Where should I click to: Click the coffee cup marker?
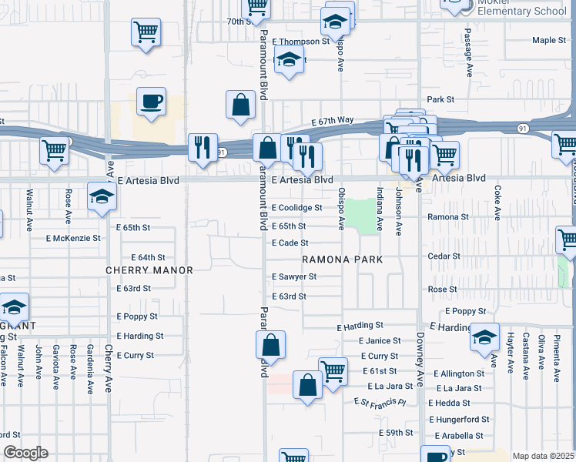[151, 102]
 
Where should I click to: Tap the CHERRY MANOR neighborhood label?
[149, 270]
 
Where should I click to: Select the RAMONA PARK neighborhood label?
[342, 260]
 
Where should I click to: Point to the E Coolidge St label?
[296, 208]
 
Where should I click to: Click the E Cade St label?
[290, 243]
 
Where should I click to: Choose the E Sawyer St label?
[294, 276]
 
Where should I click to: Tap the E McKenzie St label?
[74, 239]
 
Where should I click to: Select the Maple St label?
[549, 40]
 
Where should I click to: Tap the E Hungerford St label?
[458, 420]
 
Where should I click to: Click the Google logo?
[25, 453]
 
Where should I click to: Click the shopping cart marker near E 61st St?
[333, 372]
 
